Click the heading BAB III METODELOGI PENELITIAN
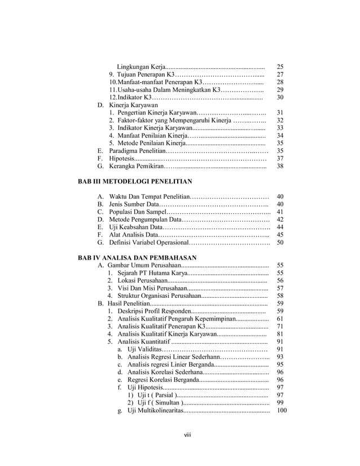135,182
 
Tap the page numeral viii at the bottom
179,434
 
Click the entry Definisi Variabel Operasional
148,243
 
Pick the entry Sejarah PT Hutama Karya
152,272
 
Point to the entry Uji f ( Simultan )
154,402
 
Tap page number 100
282,410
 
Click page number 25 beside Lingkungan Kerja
280,67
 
